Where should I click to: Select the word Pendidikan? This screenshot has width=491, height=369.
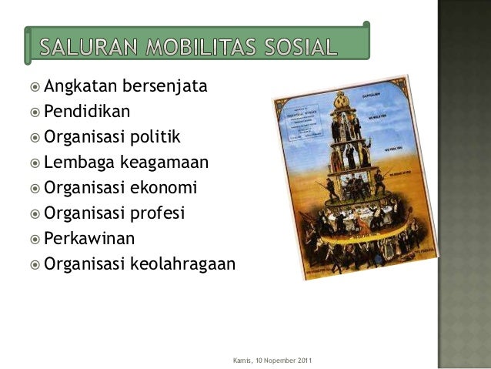click(87, 112)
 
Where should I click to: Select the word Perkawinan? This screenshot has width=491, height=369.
click(88, 238)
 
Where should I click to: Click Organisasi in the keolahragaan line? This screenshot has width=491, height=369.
click(85, 263)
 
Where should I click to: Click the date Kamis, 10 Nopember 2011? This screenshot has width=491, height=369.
click(272, 361)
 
